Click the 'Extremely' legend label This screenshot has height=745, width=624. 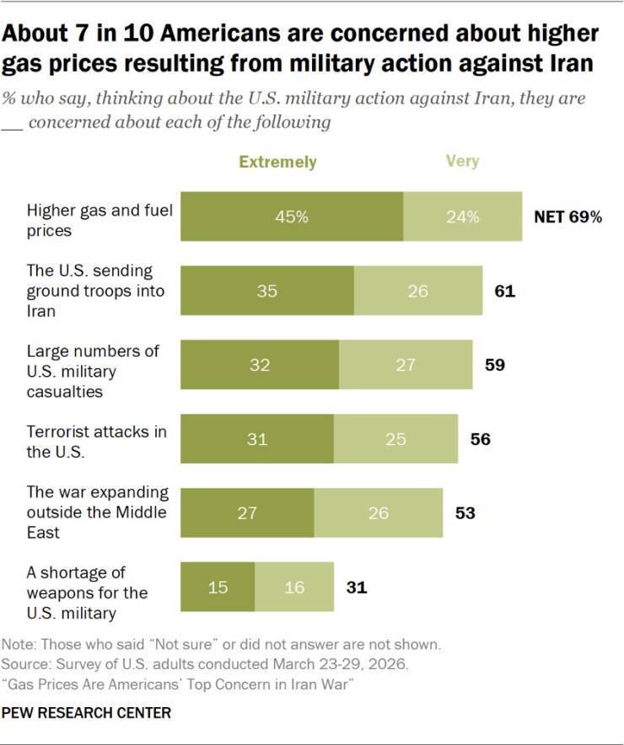[x=277, y=162]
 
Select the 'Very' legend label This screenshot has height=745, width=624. [x=462, y=162]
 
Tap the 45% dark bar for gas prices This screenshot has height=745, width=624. [x=292, y=217]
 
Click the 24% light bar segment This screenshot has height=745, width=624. [x=463, y=217]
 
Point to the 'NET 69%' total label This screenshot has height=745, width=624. [x=568, y=217]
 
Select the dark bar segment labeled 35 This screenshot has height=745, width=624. [x=267, y=291]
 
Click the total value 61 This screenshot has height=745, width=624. [x=505, y=291]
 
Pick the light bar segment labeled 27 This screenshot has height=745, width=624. [x=406, y=365]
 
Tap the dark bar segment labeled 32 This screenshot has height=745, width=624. [x=260, y=365]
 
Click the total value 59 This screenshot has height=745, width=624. [x=495, y=365]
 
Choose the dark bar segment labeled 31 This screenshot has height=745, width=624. [x=257, y=439]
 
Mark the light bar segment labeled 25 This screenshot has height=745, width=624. [x=395, y=439]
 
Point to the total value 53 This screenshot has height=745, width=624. [x=465, y=513]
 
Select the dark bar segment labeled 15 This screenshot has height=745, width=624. [x=218, y=587]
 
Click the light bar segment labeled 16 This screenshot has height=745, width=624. [x=294, y=587]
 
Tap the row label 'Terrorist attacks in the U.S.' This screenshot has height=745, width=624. [x=97, y=442]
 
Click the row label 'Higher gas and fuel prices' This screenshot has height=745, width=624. [x=100, y=221]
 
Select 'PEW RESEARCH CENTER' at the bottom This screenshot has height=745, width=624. [x=86, y=713]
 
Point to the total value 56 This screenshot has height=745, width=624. [x=481, y=439]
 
